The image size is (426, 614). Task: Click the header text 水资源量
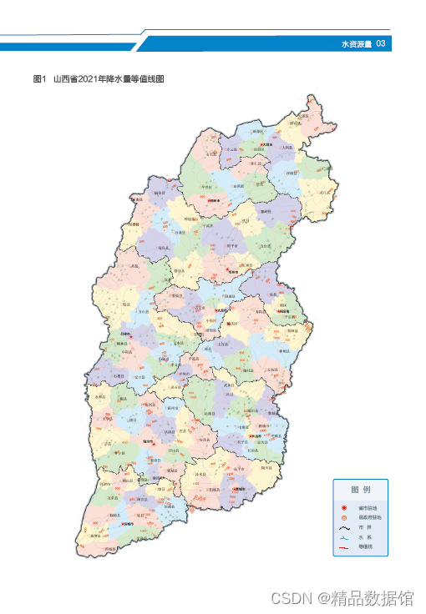[x=357, y=43]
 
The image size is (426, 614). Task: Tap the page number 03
[x=381, y=43]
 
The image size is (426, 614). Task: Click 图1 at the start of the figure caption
[x=38, y=79]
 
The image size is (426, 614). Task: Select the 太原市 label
[x=221, y=310]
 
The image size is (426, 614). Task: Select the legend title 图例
[x=361, y=490]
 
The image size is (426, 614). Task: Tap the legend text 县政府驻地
[x=370, y=517]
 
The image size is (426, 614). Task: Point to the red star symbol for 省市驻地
[x=344, y=507]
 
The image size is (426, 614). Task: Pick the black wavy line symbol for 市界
[x=344, y=527]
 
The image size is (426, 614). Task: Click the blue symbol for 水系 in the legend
[x=344, y=537]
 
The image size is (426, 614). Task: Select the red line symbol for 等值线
[x=344, y=547]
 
